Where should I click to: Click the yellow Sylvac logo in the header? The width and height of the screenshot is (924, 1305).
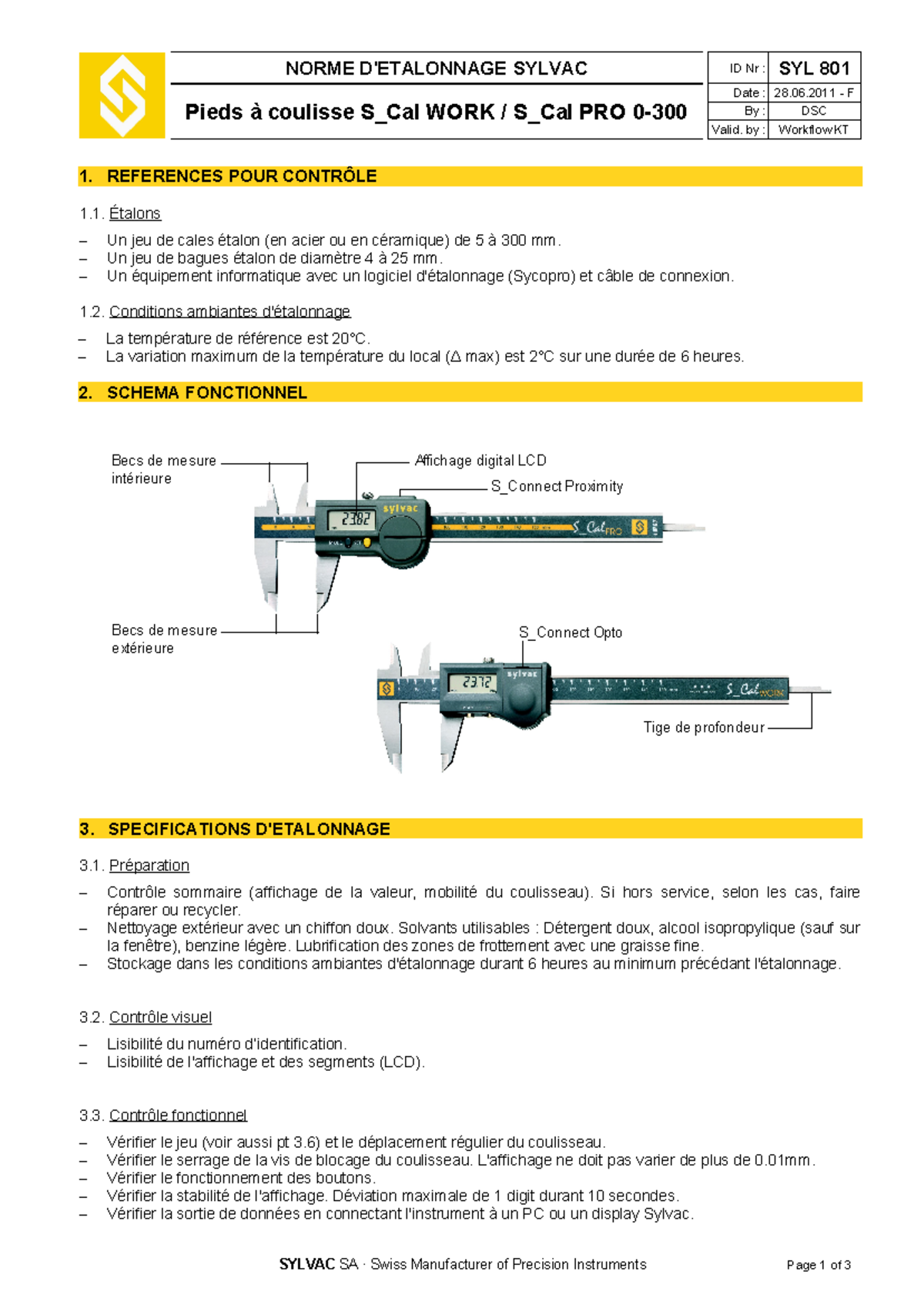[122, 96]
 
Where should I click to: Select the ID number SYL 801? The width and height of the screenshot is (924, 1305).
[814, 69]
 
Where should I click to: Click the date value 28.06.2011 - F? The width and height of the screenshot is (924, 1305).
[814, 93]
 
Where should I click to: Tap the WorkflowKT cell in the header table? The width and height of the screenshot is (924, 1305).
[814, 129]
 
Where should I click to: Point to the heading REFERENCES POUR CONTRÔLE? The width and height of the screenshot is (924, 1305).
[241, 176]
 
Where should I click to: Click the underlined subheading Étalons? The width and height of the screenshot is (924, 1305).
[135, 213]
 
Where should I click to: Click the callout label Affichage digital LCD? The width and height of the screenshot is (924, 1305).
[480, 461]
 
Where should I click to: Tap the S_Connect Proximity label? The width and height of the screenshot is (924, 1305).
[557, 486]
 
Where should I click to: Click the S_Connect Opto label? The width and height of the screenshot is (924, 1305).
[571, 632]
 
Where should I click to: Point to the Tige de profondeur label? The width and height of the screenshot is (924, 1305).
[704, 727]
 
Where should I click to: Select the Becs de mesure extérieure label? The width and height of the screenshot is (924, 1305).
[164, 639]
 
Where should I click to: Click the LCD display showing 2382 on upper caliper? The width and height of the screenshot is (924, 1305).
[356, 520]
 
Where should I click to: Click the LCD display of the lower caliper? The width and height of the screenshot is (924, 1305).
[470, 683]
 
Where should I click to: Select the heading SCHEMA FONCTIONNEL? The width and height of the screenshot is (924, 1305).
[206, 393]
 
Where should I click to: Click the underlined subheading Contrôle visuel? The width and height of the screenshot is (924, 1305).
[160, 1017]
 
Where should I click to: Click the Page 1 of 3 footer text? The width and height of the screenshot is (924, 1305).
[818, 1265]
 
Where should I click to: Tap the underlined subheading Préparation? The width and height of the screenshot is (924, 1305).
[149, 865]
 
